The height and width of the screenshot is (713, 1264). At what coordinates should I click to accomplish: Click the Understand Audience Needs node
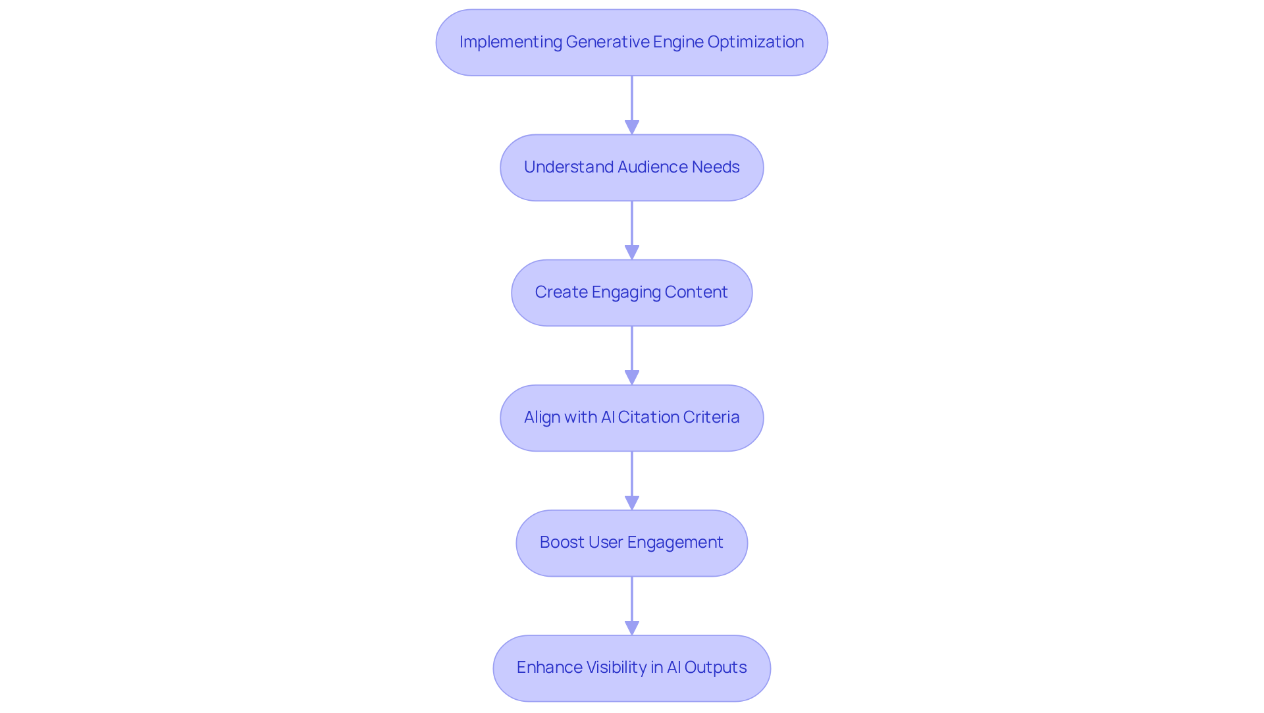631,167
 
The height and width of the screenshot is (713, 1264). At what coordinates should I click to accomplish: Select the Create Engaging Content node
631,292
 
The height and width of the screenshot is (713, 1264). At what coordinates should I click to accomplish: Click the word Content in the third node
696,292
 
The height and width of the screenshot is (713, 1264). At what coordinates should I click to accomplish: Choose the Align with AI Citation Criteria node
631,417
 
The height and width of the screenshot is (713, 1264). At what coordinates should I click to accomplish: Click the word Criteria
712,417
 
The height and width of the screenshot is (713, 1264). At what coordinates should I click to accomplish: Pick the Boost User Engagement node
631,542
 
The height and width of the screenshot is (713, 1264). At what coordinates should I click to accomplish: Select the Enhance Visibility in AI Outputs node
631,668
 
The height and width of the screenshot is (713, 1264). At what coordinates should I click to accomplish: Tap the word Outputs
715,668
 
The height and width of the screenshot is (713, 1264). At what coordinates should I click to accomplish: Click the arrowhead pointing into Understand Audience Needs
632,127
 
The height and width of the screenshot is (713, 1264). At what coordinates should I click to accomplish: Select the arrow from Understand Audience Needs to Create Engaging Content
632,227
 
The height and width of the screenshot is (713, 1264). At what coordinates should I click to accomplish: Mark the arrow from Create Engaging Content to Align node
632,352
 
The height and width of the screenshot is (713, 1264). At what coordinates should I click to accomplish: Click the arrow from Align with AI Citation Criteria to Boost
632,477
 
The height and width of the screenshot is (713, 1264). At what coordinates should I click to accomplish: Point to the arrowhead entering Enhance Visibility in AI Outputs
632,627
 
